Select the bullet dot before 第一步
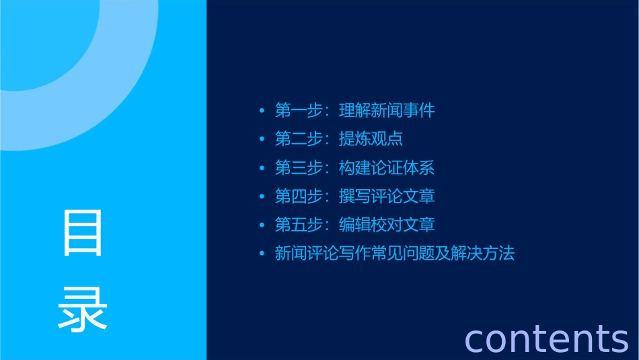(262, 111)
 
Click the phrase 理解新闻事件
(387, 111)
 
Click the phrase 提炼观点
(371, 139)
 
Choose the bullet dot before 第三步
(262, 168)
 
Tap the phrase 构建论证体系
(387, 168)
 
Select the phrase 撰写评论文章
(387, 196)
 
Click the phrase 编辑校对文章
(387, 225)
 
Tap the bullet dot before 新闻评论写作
(262, 254)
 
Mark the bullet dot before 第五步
(262, 225)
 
